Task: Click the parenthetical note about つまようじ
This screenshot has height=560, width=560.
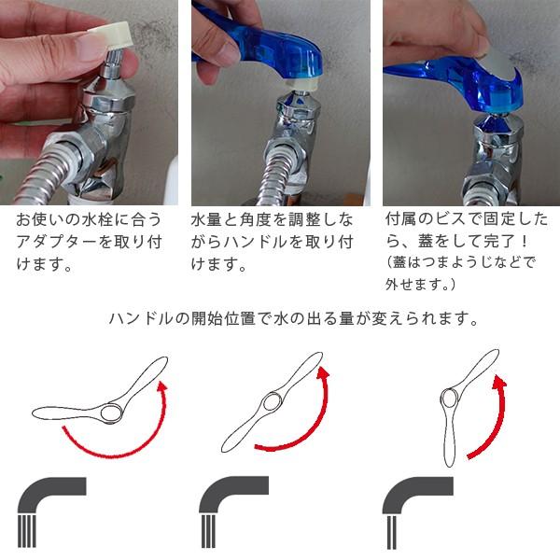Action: [x=461, y=273]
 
